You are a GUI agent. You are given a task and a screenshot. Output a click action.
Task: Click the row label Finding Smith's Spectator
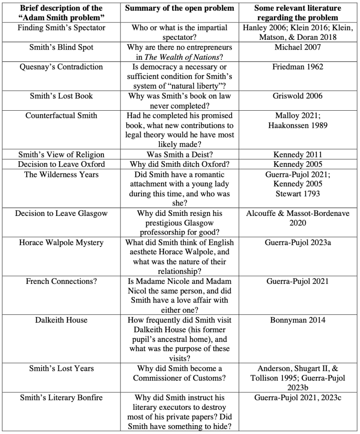61,28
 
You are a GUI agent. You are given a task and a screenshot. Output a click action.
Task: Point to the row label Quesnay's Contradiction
61,67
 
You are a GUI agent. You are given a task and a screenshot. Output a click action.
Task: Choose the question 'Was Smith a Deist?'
179,155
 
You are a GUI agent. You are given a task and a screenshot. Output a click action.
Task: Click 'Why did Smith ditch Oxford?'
179,164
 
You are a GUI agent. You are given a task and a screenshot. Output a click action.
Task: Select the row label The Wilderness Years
61,174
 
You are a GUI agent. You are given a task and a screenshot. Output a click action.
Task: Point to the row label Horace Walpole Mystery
61,243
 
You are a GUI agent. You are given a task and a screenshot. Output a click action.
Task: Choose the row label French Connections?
61,281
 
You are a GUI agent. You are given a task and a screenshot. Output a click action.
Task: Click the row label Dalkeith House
61,320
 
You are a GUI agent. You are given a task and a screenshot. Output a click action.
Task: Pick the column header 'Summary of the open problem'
179,8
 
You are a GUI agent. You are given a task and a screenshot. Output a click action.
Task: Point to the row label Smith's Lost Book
61,96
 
